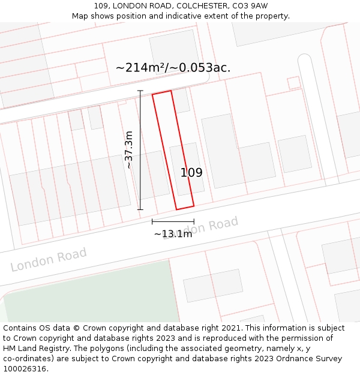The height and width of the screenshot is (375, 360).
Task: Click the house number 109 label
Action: coord(191,173)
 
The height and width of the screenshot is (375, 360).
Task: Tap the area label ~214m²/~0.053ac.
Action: coord(173,67)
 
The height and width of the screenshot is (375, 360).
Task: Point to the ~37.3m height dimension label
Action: coord(129,149)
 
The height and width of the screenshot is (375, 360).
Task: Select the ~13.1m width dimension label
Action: coord(173,234)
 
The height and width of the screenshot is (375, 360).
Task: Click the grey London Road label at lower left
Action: coord(49,259)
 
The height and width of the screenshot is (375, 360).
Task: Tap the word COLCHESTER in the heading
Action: coord(199,6)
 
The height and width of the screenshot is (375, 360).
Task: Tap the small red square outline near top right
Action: coord(293,83)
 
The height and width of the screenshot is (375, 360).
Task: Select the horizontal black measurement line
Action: coord(173,222)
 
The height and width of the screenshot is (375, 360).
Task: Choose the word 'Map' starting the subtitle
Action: coord(80,16)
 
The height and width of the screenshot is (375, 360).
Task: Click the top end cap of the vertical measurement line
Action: coord(140,91)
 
